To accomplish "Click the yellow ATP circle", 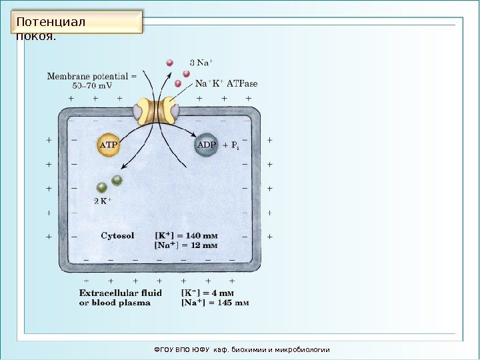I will [x=109, y=145].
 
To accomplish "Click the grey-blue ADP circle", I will [x=206, y=145].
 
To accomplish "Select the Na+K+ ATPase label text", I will [x=226, y=84].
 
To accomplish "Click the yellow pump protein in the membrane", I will [x=155, y=110].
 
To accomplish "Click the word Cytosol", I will [x=117, y=235].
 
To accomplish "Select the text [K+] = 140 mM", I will [x=186, y=235].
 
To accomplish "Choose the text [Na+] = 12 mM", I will [x=186, y=246].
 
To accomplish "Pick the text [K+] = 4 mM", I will [x=207, y=292].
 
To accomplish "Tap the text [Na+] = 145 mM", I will [x=215, y=303].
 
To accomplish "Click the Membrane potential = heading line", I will [x=91, y=75].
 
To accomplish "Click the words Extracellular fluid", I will [x=121, y=292].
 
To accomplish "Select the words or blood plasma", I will [x=115, y=303].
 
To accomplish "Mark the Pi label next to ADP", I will [x=235, y=145].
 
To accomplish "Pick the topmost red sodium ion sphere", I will [x=169, y=63].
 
